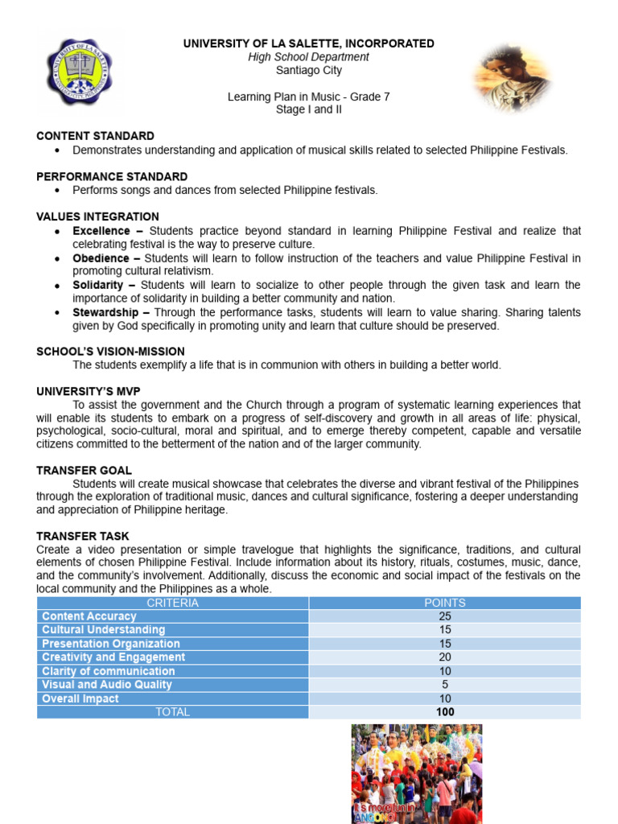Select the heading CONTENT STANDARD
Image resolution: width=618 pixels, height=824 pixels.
click(x=95, y=136)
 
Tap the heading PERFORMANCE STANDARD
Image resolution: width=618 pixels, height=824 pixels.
click(x=112, y=176)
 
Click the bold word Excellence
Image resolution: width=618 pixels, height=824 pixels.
click(x=101, y=231)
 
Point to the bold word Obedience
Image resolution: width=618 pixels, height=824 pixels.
click(x=101, y=258)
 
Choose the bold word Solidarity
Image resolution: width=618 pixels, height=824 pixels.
click(x=98, y=286)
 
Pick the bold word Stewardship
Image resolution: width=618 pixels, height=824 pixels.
click(x=105, y=312)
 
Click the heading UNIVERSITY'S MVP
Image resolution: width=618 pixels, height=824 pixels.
click(x=89, y=391)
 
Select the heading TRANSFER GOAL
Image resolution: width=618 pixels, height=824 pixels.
click(x=84, y=470)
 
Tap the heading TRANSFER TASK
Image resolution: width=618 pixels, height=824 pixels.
click(x=82, y=536)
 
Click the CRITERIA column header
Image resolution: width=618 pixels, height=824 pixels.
click(x=172, y=603)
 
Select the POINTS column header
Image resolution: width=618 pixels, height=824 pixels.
click(x=444, y=603)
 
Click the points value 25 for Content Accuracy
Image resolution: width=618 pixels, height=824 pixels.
click(x=444, y=616)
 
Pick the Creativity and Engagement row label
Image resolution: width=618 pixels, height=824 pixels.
click(x=113, y=657)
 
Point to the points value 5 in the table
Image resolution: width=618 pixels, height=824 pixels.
click(x=444, y=685)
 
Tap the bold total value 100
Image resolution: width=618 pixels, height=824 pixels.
click(x=444, y=712)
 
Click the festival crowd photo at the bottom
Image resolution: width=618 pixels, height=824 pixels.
click(x=416, y=773)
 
